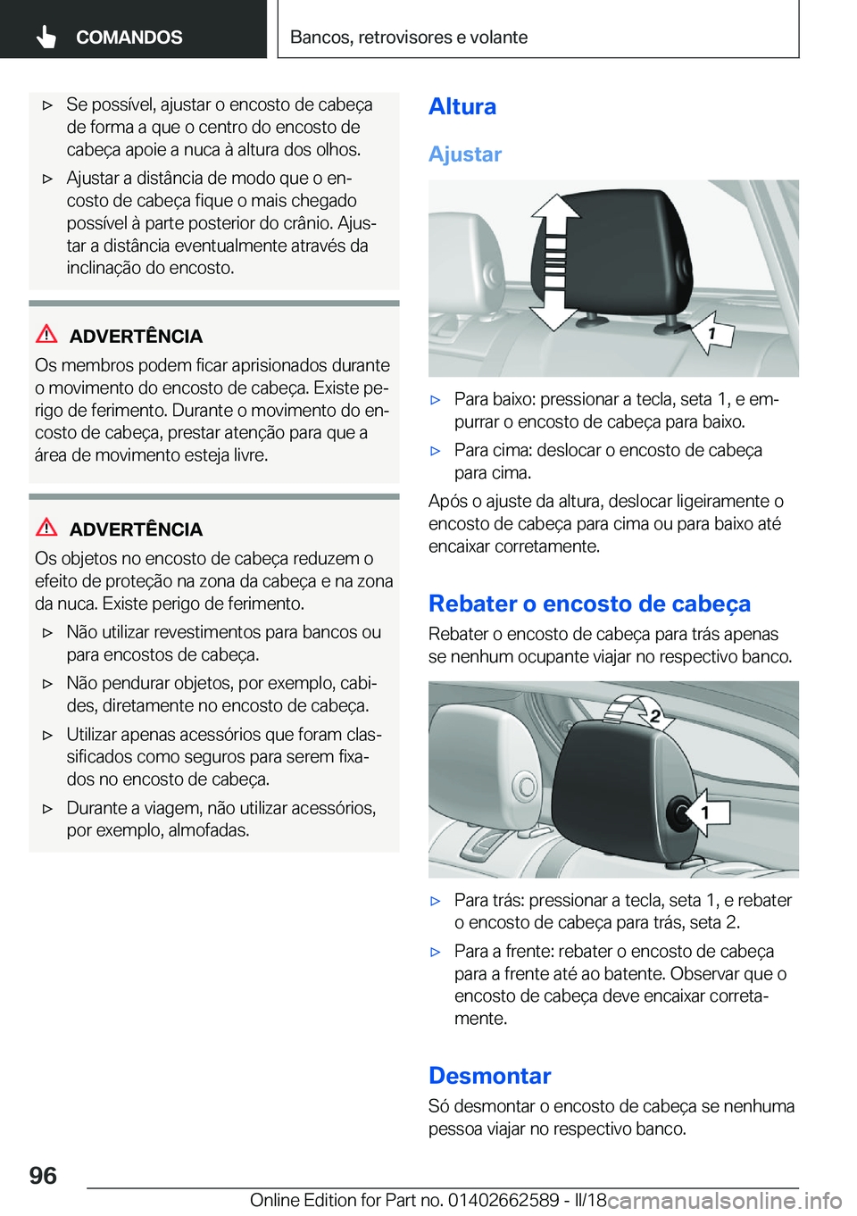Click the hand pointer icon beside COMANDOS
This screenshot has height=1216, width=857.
click(46, 37)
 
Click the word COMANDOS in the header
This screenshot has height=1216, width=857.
click(129, 37)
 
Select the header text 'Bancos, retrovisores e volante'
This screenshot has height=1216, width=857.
click(408, 37)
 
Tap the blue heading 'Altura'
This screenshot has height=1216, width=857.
click(462, 106)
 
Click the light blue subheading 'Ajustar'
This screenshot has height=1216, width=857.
click(465, 154)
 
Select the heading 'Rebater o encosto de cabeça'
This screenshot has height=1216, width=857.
click(589, 604)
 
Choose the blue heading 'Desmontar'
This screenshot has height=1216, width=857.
click(489, 1076)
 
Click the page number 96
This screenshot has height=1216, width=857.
click(43, 1175)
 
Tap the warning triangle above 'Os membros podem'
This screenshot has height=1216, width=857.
click(46, 334)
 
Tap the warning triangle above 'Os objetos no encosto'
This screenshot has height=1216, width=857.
click(46, 527)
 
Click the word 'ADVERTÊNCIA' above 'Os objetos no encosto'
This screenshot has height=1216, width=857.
click(136, 529)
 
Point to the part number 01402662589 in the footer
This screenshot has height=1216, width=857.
click(503, 1200)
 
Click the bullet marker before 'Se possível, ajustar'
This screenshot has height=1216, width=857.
click(48, 105)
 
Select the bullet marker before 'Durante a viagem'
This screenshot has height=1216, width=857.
click(48, 809)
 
